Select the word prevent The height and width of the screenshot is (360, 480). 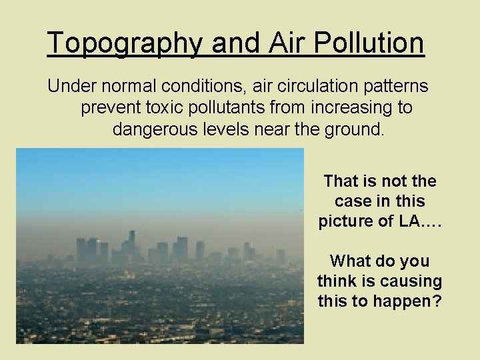tap(107, 108)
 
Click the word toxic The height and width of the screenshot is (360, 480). tap(160, 108)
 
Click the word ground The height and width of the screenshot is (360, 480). tap(353, 129)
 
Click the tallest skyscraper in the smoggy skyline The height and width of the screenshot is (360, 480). tap(131, 243)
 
